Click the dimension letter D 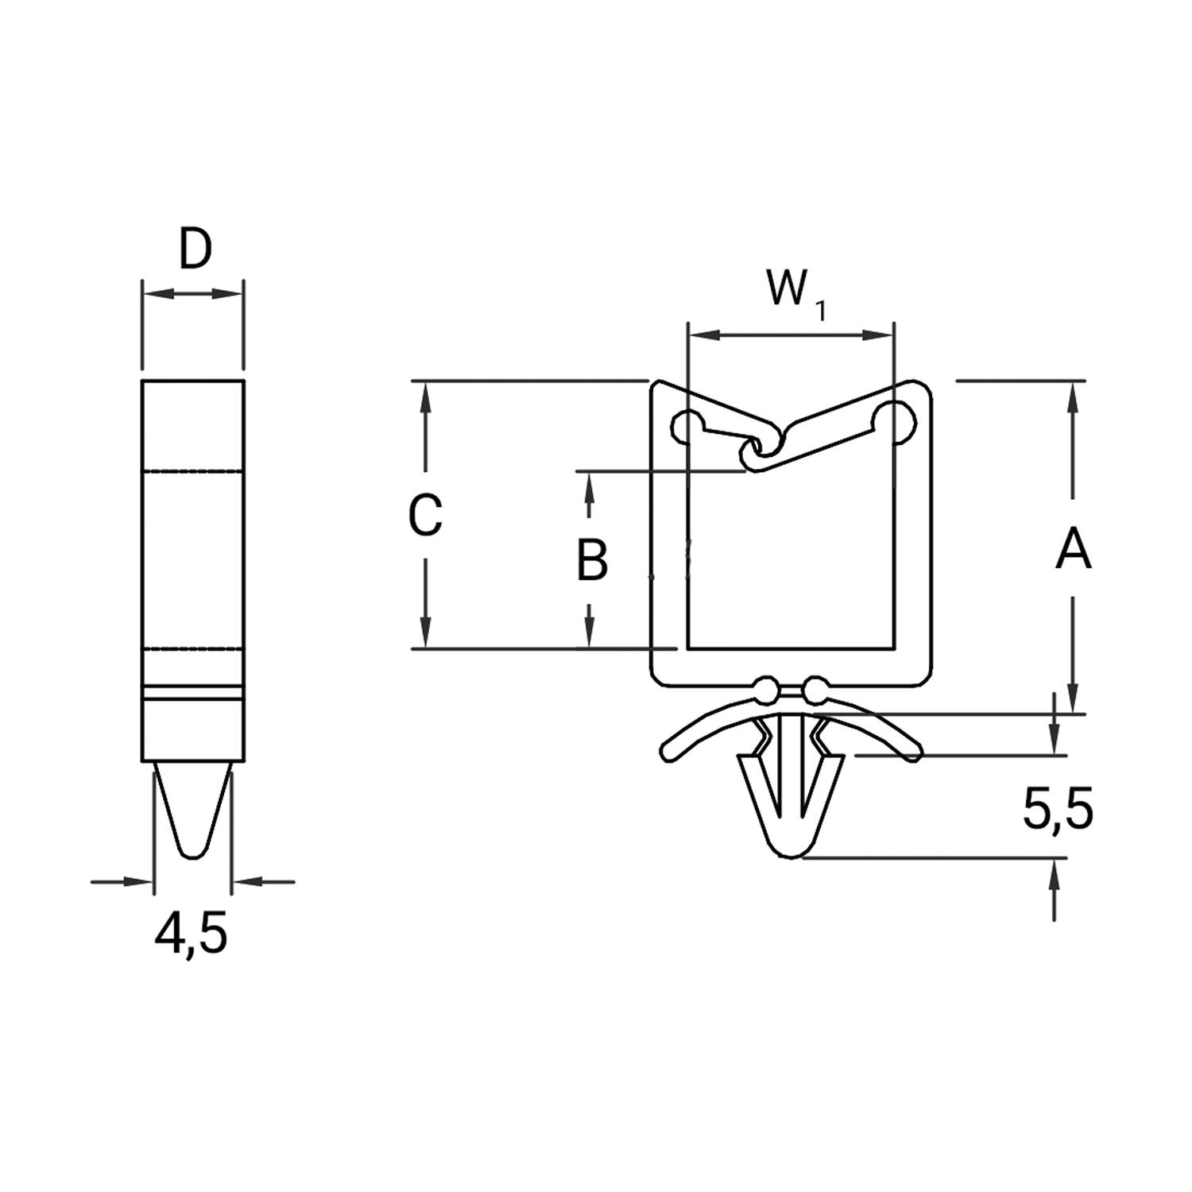click(195, 249)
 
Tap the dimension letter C click(424, 514)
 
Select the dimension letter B click(592, 559)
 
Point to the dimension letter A click(1074, 550)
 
